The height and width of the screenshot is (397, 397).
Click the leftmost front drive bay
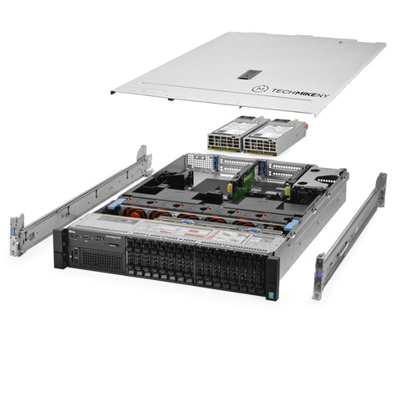(x=132, y=250)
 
